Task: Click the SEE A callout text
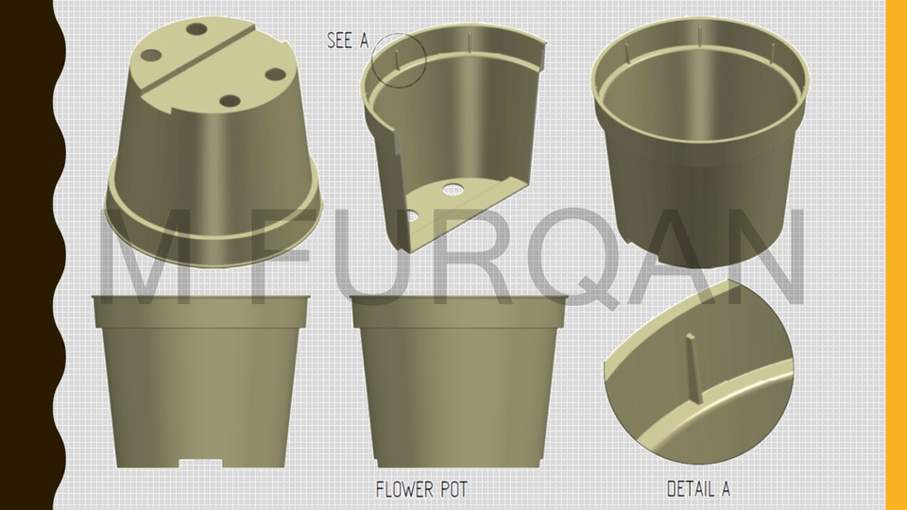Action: [x=347, y=40]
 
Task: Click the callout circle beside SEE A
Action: [x=399, y=60]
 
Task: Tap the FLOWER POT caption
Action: [x=420, y=489]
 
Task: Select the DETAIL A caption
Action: [x=698, y=489]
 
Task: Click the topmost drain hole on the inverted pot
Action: [x=197, y=29]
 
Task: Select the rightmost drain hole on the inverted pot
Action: [x=275, y=73]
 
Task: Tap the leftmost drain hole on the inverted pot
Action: [x=151, y=54]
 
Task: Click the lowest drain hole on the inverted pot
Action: [x=230, y=100]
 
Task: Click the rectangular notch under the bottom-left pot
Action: [x=200, y=462]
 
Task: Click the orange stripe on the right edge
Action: [x=896, y=255]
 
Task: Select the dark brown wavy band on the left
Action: [x=26, y=255]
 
